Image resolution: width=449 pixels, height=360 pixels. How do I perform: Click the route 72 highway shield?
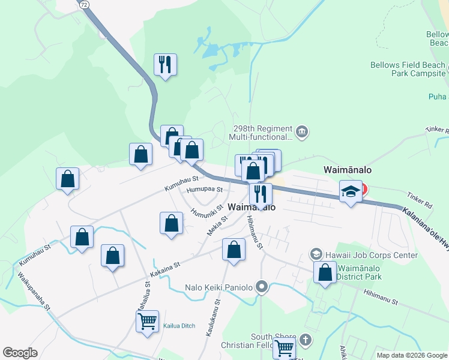pyautogui.click(x=84, y=4)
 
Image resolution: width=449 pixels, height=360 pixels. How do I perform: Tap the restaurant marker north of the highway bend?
pyautogui.click(x=165, y=64)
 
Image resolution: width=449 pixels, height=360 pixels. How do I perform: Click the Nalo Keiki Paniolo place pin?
pyautogui.click(x=261, y=286)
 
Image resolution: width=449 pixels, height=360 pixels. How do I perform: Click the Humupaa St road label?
pyautogui.click(x=204, y=189)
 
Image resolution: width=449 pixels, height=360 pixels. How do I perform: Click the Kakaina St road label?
pyautogui.click(x=165, y=267)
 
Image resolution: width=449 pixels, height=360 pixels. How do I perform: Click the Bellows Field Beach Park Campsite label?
pyautogui.click(x=407, y=69)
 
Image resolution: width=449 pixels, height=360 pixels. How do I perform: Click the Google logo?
pyautogui.click(x=20, y=353)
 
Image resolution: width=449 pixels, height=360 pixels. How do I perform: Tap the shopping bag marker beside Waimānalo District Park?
pyautogui.click(x=325, y=273)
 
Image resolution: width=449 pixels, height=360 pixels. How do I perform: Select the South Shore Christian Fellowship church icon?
pyautogui.click(x=305, y=340)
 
